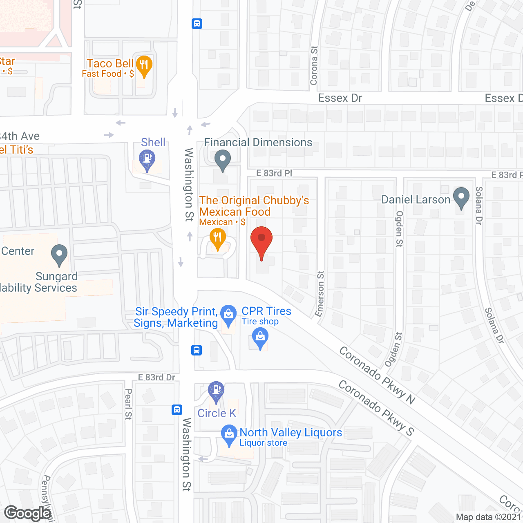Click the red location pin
coord(261,241)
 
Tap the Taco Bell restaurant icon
coord(143,66)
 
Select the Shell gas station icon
coord(147,160)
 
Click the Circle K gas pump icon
coord(216,391)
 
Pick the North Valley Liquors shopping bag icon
coord(228,434)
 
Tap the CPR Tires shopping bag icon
coord(260,338)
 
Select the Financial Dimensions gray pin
coord(223,160)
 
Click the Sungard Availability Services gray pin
coord(59,254)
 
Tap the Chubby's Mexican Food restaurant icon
coord(217,238)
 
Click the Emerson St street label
coord(320,293)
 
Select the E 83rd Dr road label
coord(156,377)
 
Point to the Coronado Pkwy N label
coord(377,375)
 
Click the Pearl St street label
coord(128,404)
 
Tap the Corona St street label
coord(314,65)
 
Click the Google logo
coord(28,513)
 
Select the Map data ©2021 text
coord(489,517)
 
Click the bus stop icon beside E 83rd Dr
coord(197,350)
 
